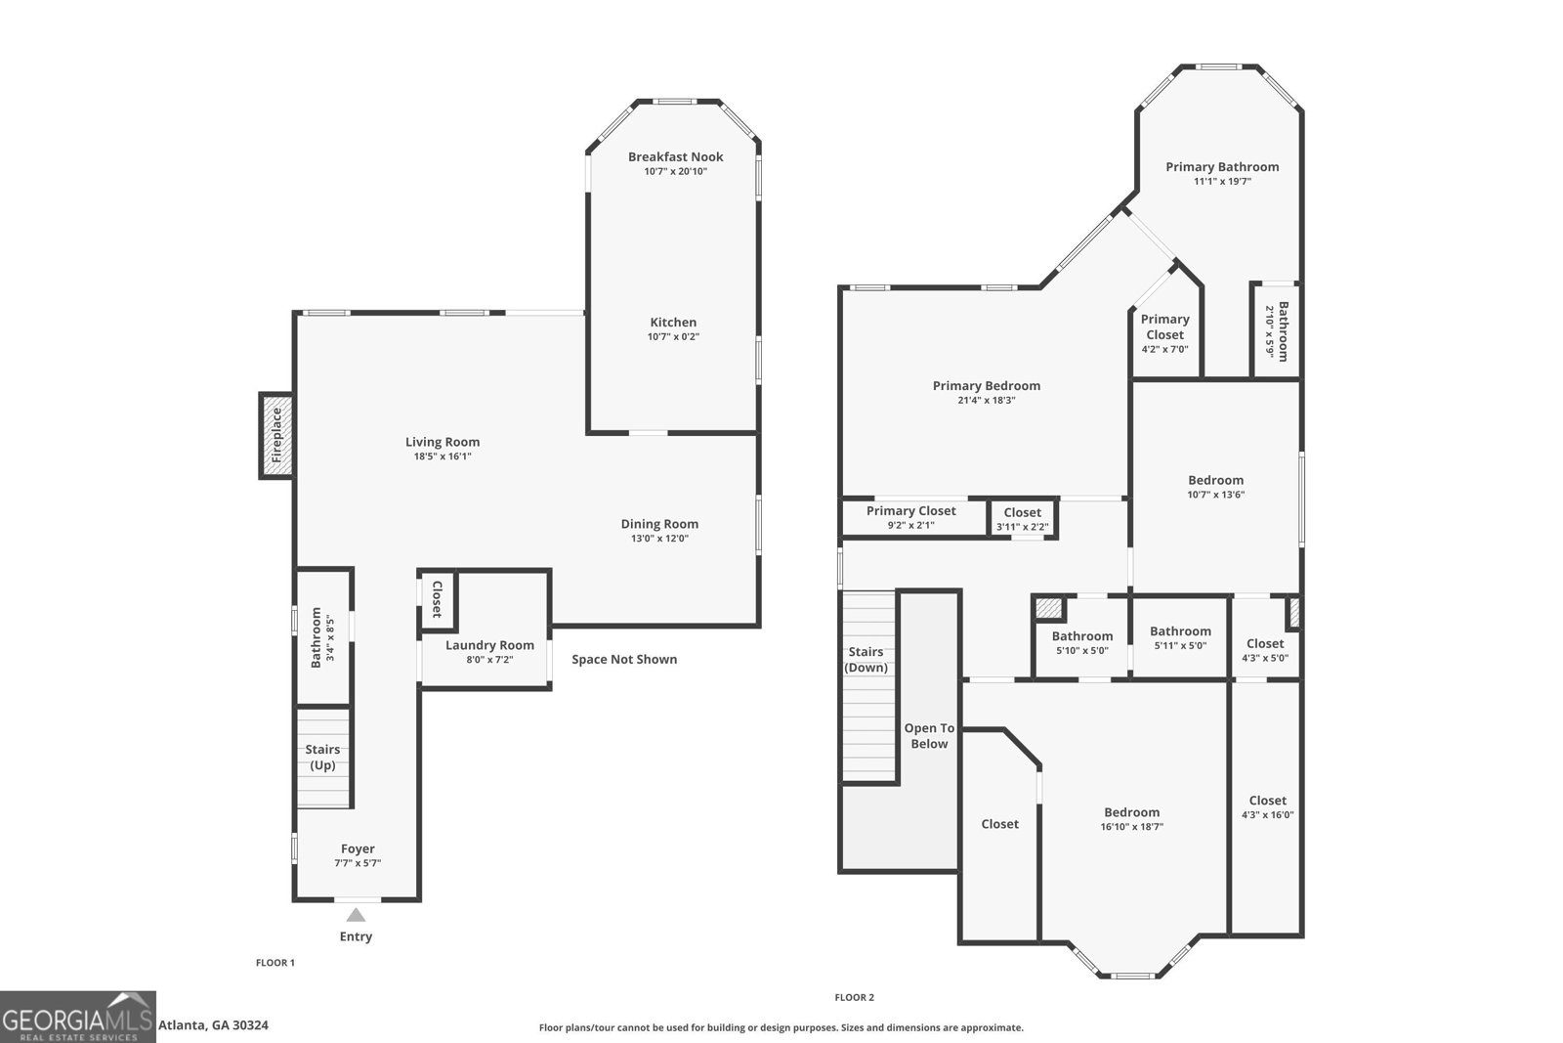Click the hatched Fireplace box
tap(276, 435)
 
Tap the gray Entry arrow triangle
tap(356, 915)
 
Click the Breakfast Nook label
tap(675, 156)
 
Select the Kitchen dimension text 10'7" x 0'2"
tap(673, 337)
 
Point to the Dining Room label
tap(659, 524)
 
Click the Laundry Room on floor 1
tap(489, 645)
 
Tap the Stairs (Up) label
tap(322, 757)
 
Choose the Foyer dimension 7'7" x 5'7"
tap(358, 863)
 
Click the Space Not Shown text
tap(624, 659)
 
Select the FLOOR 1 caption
tap(275, 963)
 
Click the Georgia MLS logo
tap(77, 1017)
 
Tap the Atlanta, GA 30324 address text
tap(213, 1025)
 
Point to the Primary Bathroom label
tap(1221, 167)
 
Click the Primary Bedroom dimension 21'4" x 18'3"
tap(987, 400)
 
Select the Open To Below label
tap(929, 736)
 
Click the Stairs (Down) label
tap(866, 660)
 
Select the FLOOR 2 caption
tap(854, 998)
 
